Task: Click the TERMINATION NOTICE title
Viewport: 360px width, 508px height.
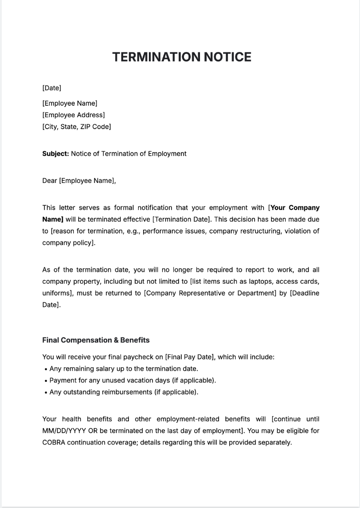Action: click(x=182, y=57)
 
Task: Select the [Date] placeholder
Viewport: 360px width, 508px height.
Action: click(x=52, y=88)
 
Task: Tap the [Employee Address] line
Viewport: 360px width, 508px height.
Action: click(x=73, y=115)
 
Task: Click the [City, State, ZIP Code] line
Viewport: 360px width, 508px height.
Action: click(x=76, y=127)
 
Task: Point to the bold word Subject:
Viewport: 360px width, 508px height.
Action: click(x=56, y=154)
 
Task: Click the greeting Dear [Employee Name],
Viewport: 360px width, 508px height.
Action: click(x=79, y=181)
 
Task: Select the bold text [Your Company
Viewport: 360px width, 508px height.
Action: click(x=294, y=207)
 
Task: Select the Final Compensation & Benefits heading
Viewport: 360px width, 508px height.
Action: click(x=96, y=340)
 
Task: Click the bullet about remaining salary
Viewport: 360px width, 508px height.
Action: click(x=124, y=369)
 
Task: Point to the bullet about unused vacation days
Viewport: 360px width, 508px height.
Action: click(x=132, y=380)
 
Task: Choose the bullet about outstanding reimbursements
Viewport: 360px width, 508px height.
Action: click(x=124, y=392)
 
